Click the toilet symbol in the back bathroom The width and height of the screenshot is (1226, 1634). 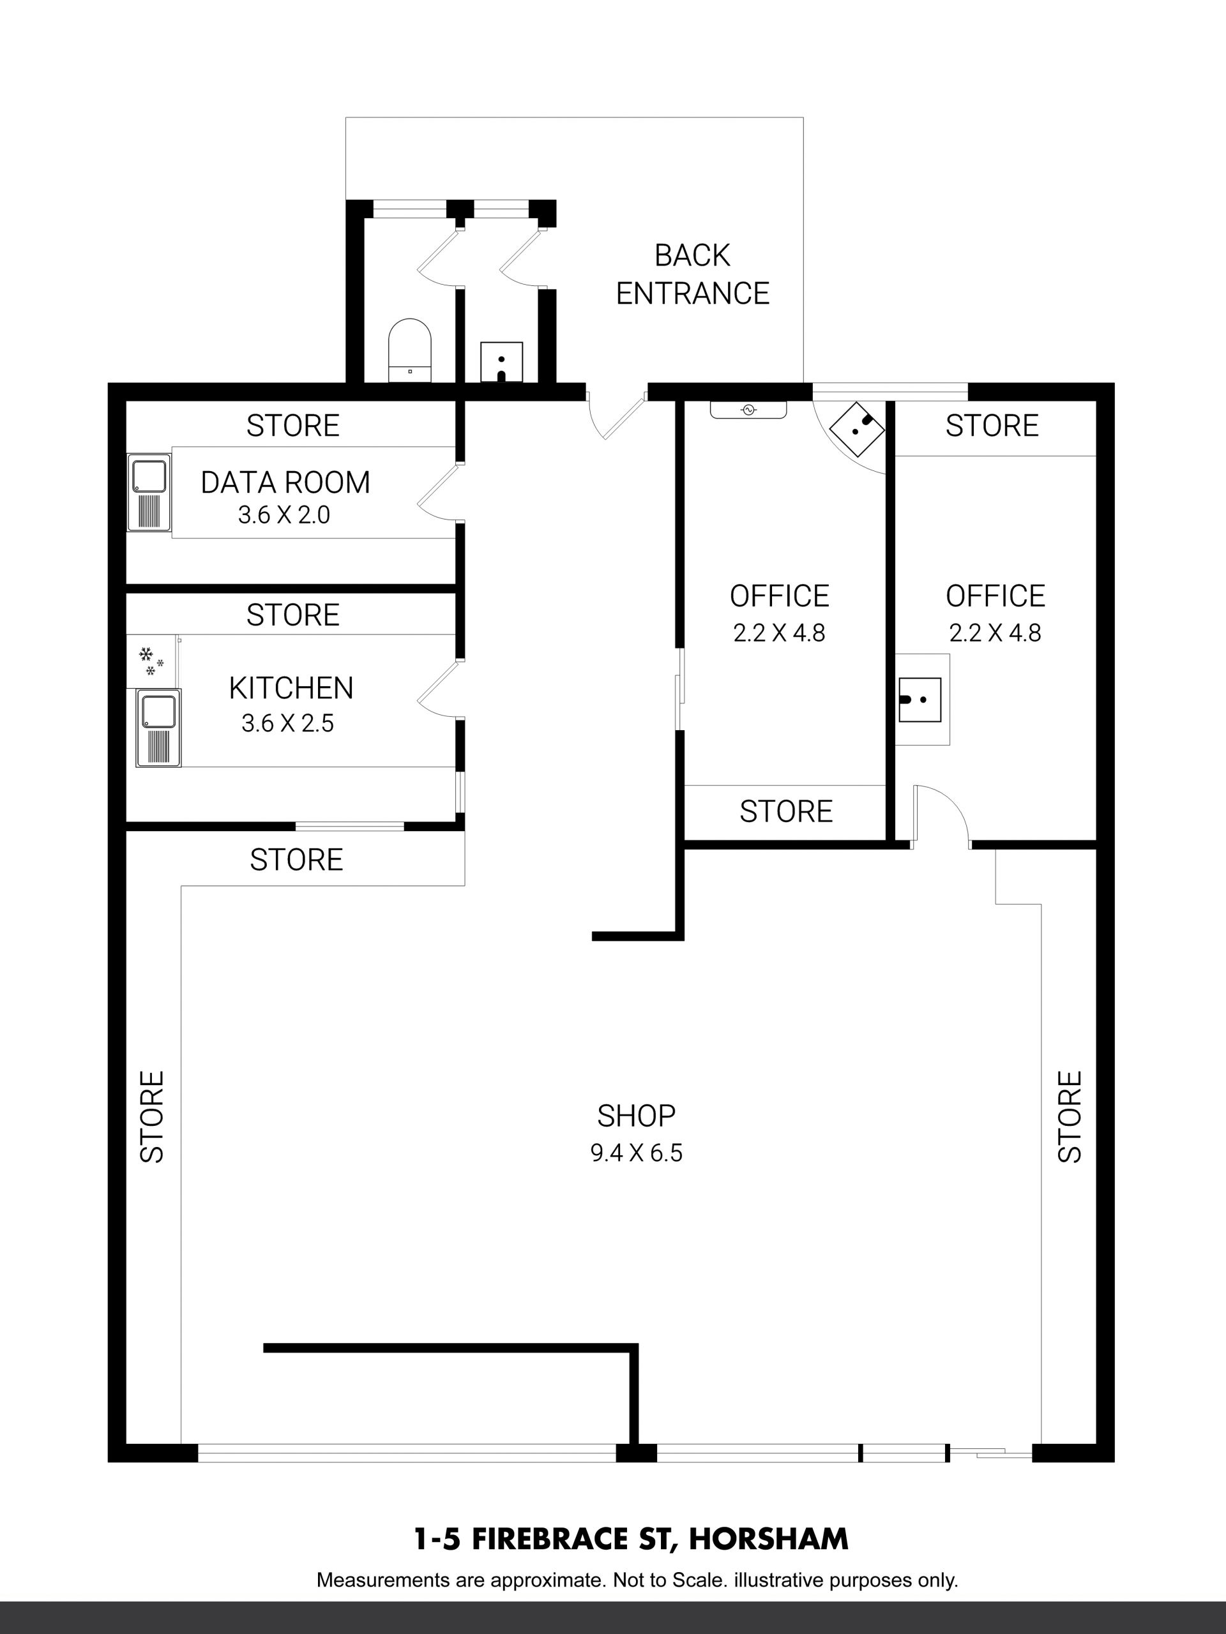pyautogui.click(x=409, y=350)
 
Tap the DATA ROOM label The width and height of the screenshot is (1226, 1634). pyautogui.click(x=285, y=483)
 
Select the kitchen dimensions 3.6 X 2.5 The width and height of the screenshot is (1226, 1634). pyautogui.click(x=287, y=723)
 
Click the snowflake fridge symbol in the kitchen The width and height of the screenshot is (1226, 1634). pyautogui.click(x=151, y=661)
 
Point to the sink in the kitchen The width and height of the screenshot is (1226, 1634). pyautogui.click(x=158, y=728)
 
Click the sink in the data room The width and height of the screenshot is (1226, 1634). pyautogui.click(x=149, y=492)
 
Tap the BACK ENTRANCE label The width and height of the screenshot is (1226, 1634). pyautogui.click(x=692, y=274)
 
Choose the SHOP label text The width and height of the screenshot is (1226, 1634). pyautogui.click(x=636, y=1116)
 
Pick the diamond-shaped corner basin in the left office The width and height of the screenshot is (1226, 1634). pyautogui.click(x=856, y=428)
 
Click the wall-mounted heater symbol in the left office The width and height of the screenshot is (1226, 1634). pyautogui.click(x=748, y=410)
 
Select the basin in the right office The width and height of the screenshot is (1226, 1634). pyautogui.click(x=920, y=699)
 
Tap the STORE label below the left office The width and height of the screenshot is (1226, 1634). pyautogui.click(x=785, y=811)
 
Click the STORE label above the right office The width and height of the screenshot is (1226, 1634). pyautogui.click(x=992, y=426)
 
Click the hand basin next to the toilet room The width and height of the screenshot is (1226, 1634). pyautogui.click(x=502, y=362)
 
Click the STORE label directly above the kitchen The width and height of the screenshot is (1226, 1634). pyautogui.click(x=292, y=615)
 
